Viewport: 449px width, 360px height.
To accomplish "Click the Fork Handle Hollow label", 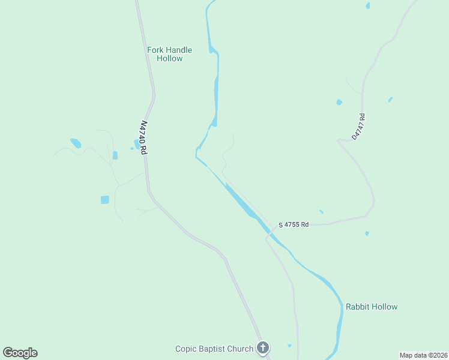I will (169, 54).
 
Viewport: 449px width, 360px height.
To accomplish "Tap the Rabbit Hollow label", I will (371, 307).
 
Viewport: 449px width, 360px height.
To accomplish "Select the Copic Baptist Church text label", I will (214, 348).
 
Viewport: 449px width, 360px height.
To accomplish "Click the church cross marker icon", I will (262, 347).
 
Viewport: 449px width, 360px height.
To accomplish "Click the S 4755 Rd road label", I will (294, 225).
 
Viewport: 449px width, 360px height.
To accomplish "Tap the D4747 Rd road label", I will (358, 127).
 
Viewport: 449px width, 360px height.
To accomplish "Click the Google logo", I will (20, 353).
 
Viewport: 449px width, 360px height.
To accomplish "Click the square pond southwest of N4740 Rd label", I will (105, 199).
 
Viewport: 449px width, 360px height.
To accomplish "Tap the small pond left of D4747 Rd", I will (339, 102).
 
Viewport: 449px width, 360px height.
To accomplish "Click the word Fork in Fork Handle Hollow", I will (155, 50).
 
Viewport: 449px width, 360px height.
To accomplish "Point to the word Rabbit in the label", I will (358, 307).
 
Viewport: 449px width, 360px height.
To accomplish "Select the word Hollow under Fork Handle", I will (169, 59).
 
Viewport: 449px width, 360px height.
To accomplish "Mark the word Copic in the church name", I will (185, 348).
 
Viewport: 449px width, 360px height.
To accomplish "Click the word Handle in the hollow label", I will (179, 50).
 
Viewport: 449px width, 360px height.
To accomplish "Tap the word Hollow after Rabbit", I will (385, 307).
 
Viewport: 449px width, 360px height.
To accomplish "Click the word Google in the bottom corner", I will (20, 353).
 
